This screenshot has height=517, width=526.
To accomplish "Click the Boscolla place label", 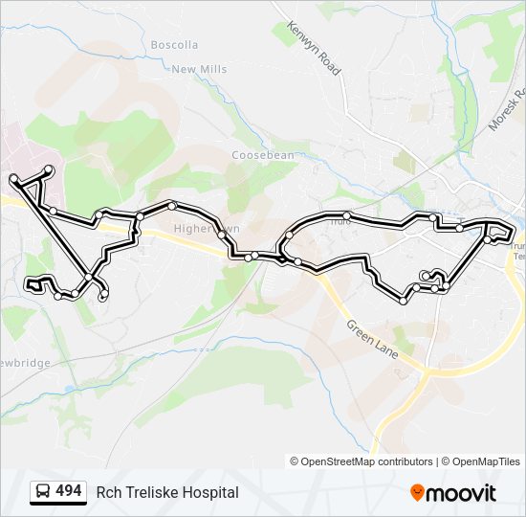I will [x=174, y=45].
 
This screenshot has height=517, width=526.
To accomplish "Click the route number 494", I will [x=68, y=491].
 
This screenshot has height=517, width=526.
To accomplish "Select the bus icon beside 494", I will [x=43, y=492].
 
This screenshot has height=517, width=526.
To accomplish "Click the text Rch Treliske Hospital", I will [x=167, y=492].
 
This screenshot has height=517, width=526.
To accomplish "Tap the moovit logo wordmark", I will [x=461, y=493].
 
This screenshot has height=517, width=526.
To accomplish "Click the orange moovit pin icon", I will [x=417, y=492].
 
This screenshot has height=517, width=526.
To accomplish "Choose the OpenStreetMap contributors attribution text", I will [x=367, y=461].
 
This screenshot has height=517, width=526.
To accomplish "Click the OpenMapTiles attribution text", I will [x=486, y=461].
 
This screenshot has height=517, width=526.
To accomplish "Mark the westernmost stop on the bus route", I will [x=13, y=179].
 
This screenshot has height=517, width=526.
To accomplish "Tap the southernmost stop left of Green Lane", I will [x=404, y=301].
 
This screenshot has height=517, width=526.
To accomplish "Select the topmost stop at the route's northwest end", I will [x=49, y=169].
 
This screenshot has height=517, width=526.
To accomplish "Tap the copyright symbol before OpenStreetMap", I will [x=295, y=461].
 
